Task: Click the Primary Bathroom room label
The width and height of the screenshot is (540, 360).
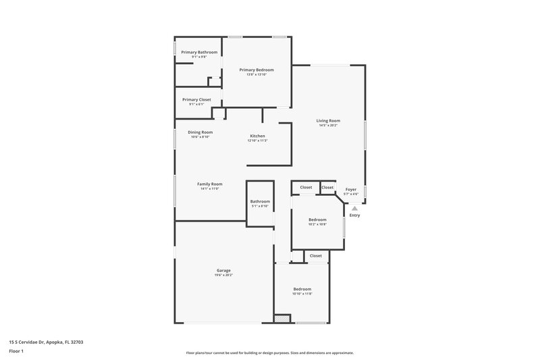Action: click(x=199, y=52)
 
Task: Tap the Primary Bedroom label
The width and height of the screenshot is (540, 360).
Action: click(x=256, y=70)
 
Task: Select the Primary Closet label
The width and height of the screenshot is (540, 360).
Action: click(x=196, y=99)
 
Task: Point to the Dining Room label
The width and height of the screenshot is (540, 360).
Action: click(x=200, y=132)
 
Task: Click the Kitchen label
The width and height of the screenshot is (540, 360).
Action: click(x=257, y=136)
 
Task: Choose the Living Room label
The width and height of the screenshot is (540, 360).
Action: click(x=328, y=121)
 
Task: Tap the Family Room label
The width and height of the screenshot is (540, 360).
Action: click(x=209, y=184)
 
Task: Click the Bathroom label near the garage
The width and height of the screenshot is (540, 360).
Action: click(x=260, y=201)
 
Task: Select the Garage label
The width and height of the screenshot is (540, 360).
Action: click(x=224, y=270)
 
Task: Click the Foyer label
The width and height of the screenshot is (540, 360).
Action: click(x=350, y=189)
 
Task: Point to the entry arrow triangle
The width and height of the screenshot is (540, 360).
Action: click(x=354, y=208)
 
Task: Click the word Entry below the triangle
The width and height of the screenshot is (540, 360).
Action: click(x=354, y=215)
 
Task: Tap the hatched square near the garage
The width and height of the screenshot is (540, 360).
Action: click(x=279, y=318)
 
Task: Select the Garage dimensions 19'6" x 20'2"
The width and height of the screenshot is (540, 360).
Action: click(x=224, y=275)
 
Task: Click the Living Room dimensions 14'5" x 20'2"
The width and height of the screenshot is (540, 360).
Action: click(x=328, y=126)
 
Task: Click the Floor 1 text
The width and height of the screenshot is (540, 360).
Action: click(x=17, y=351)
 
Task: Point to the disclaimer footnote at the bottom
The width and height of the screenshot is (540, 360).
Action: click(x=269, y=353)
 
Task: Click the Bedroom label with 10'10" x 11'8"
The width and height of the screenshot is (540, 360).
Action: click(x=302, y=288)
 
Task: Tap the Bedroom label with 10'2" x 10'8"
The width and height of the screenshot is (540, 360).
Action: click(x=317, y=220)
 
